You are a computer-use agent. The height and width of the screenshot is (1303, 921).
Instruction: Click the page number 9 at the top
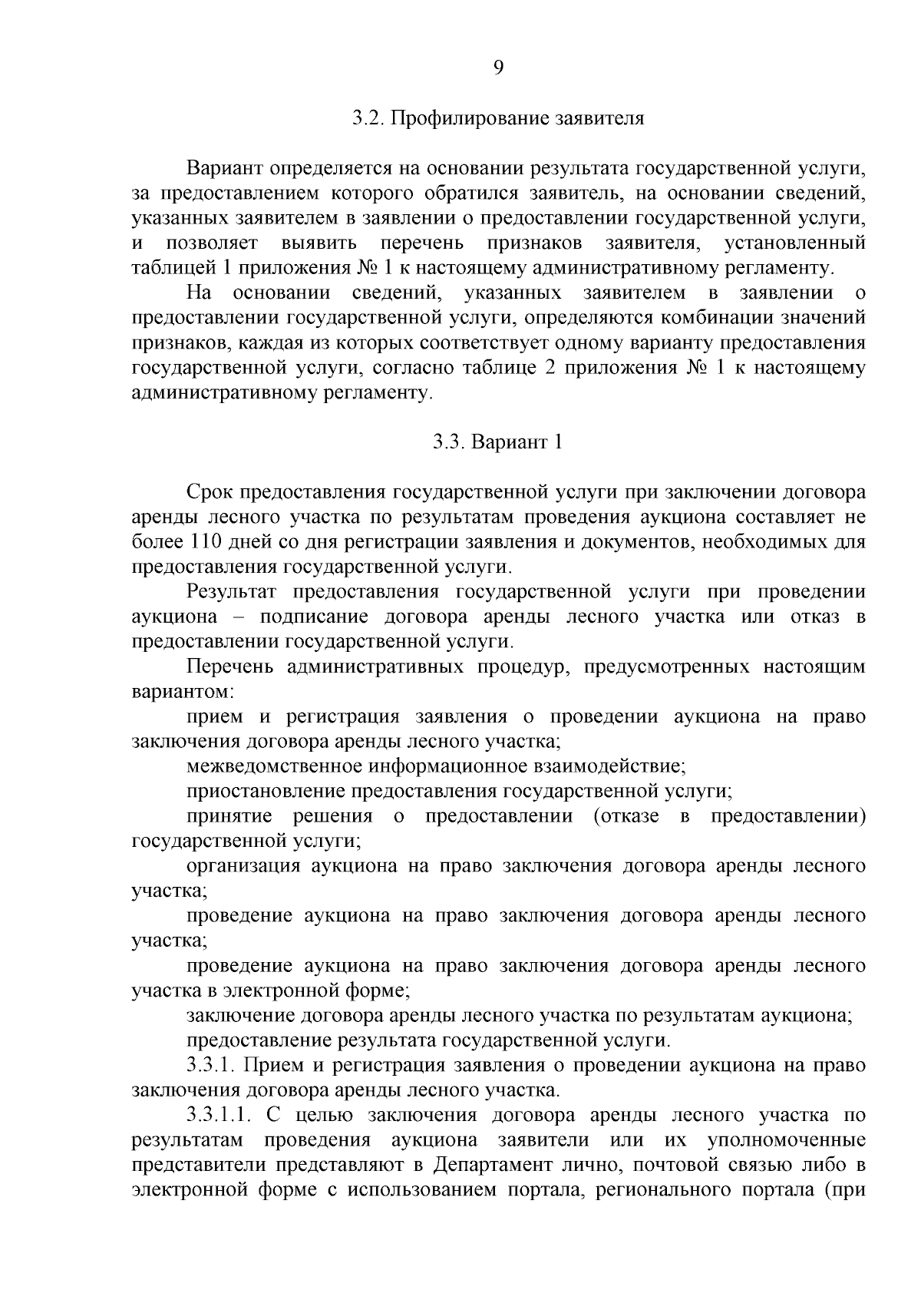[498, 68]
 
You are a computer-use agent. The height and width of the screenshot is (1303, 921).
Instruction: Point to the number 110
[204, 542]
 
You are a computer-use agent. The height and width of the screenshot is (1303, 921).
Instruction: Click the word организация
[243, 866]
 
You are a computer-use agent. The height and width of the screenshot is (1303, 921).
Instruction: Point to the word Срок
[209, 492]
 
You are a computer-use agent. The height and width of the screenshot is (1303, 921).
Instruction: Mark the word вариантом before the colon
[180, 692]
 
